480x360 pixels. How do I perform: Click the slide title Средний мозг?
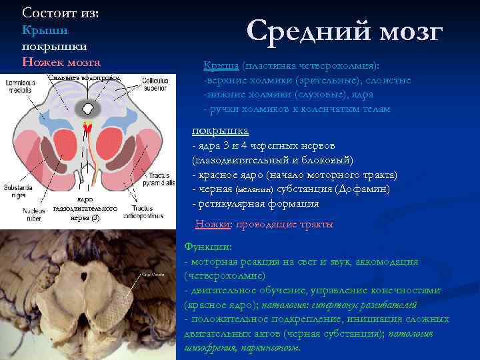pyautogui.click(x=344, y=31)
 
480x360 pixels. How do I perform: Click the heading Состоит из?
pyautogui.click(x=59, y=13)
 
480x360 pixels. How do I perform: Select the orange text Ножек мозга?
pyautogui.click(x=61, y=63)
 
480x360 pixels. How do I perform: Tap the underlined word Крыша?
pyautogui.click(x=221, y=67)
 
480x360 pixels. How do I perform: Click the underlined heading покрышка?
pyautogui.click(x=220, y=131)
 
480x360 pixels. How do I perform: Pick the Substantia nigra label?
pyautogui.click(x=14, y=191)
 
